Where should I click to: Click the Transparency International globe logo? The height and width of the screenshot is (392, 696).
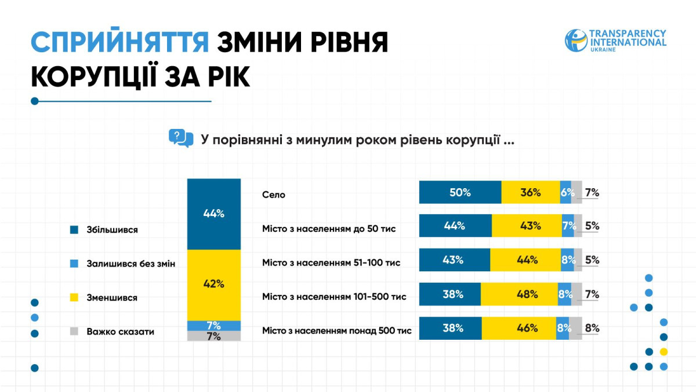coord(576,41)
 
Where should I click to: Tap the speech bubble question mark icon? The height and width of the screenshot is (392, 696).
coord(181,138)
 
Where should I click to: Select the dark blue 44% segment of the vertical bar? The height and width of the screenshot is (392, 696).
coord(214,214)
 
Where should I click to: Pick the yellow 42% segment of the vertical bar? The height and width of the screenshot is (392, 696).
coord(214,285)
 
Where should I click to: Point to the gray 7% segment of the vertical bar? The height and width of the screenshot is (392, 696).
coord(214,336)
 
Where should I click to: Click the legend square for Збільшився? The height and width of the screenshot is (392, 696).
coord(74,230)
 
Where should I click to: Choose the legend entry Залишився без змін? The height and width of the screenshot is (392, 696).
coord(123,264)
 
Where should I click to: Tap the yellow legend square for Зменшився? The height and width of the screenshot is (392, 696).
coord(74,297)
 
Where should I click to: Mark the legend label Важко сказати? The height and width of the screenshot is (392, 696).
coord(120,332)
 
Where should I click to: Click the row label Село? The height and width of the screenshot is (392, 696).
coord(273,195)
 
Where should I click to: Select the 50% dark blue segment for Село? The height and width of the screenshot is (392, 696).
coord(460,192)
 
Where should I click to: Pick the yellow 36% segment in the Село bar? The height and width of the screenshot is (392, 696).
coord(531,192)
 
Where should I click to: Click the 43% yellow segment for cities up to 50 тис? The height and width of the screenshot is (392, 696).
coord(527,225)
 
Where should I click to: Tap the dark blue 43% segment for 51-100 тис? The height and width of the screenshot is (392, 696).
coord(455,260)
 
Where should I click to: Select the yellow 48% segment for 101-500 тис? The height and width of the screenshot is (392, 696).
coord(519,294)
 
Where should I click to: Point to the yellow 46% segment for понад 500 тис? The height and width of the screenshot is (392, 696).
coord(519,328)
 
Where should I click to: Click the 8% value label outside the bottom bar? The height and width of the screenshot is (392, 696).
coord(592,328)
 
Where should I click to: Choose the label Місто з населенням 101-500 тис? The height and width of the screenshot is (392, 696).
coord(334,297)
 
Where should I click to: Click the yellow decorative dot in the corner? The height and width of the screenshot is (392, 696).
coord(664,352)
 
